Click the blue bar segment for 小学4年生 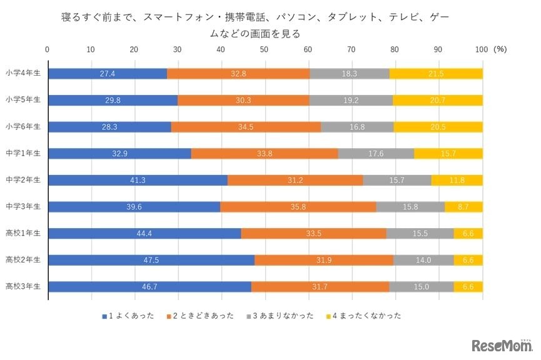[108, 74]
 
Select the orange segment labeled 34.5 [246, 127]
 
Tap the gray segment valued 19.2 [350, 100]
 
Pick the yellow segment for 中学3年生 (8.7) [463, 207]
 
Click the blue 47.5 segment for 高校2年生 [151, 260]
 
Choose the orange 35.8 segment [298, 207]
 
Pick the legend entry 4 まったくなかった [363, 316]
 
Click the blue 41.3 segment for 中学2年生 [138, 180]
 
